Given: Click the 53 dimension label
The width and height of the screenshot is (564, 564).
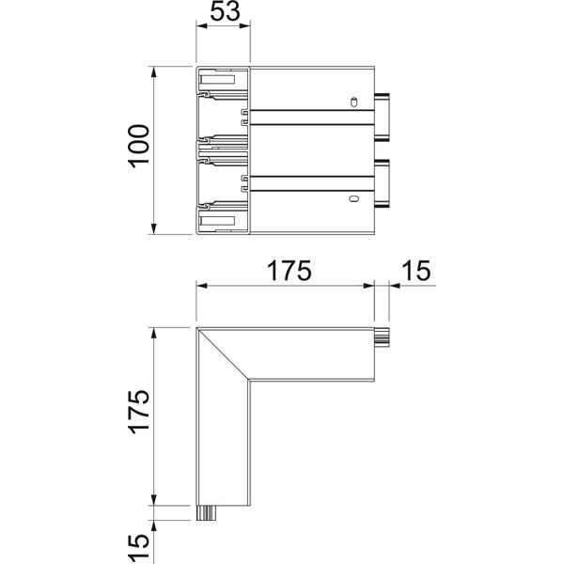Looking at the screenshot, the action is point(225,10).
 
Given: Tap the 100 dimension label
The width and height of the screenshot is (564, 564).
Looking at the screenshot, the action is point(139,146).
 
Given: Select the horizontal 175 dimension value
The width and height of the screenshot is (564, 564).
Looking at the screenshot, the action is point(289,271).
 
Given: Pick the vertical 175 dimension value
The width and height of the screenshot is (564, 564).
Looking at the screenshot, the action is point(139,411).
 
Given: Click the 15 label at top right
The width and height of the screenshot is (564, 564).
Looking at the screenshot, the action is point(415,271).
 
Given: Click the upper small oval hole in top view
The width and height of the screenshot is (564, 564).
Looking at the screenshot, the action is point(354,102).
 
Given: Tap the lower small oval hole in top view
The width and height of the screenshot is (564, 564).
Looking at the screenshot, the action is point(354,198).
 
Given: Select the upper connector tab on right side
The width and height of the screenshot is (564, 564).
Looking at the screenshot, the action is point(382,117).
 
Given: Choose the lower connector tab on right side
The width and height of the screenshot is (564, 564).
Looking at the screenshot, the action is point(382,184).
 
